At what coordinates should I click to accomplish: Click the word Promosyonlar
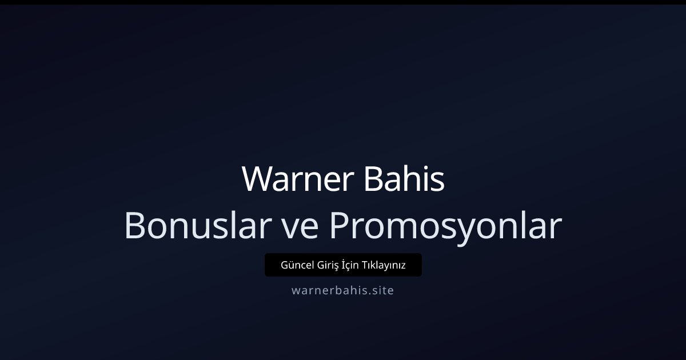pyautogui.click(x=445, y=226)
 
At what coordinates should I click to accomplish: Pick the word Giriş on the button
pyautogui.click(x=326, y=266)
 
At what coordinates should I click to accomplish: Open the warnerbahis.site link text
pyautogui.click(x=342, y=290)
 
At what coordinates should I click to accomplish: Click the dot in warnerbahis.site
pyautogui.click(x=369, y=294)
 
